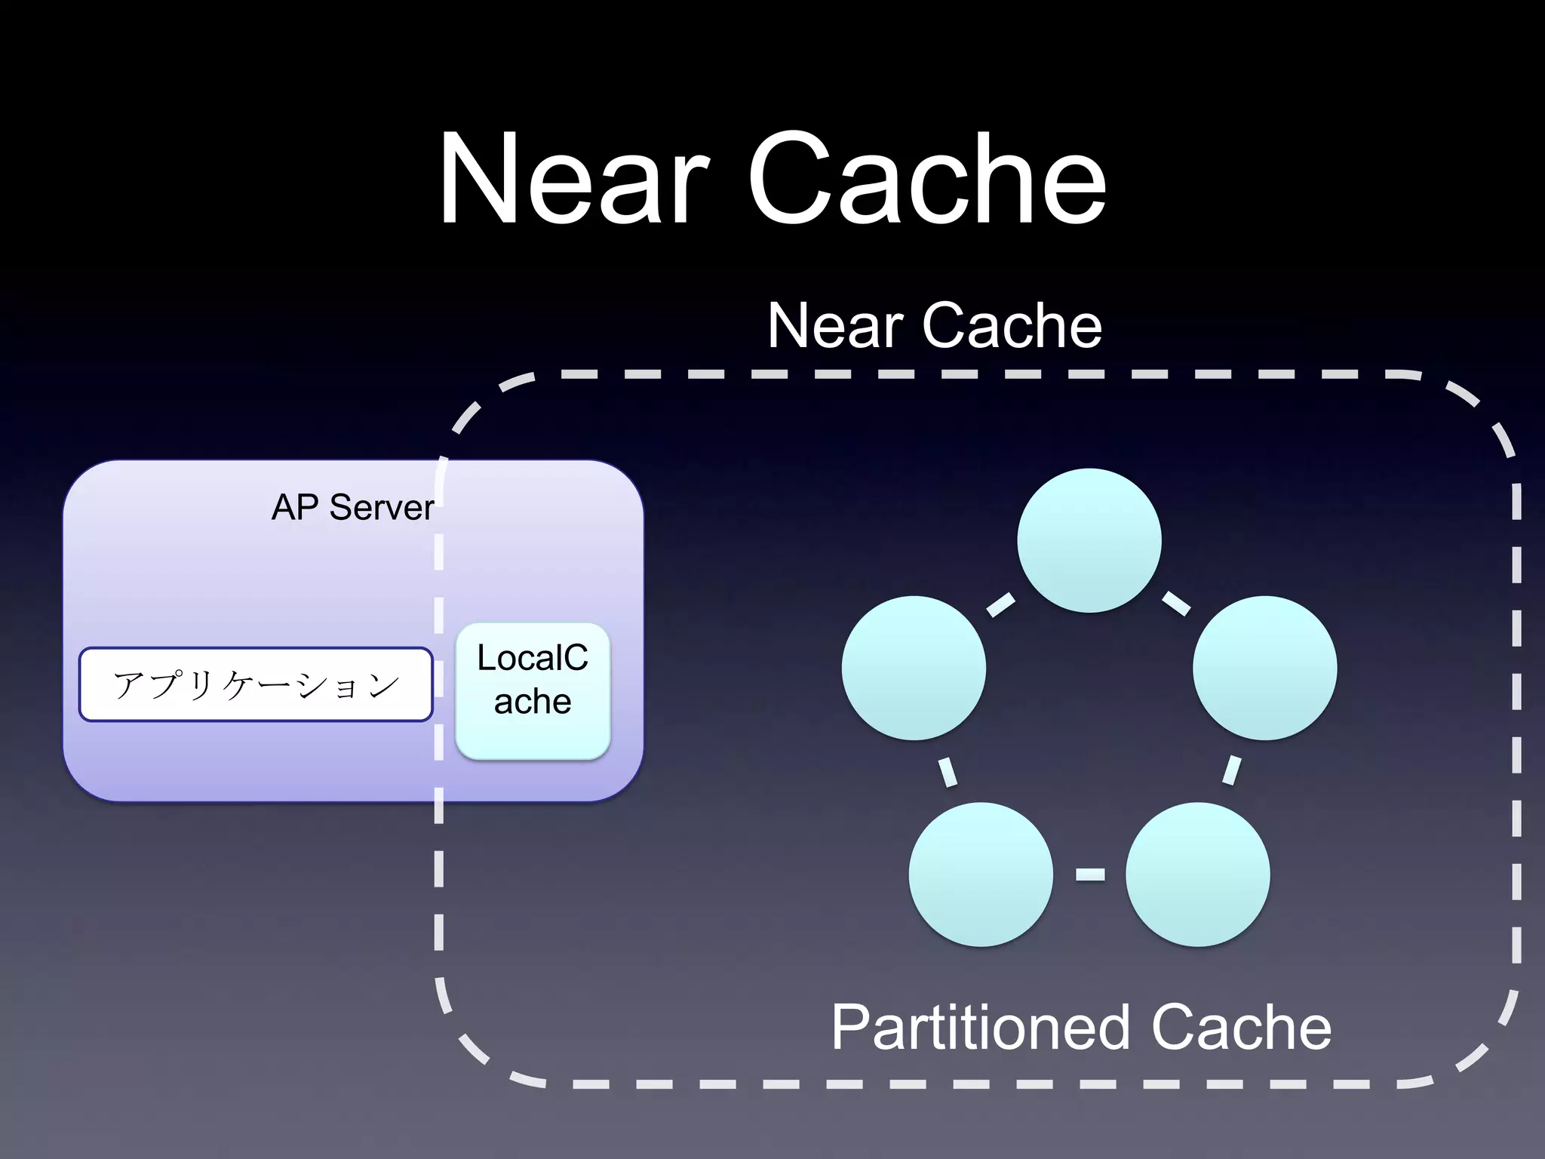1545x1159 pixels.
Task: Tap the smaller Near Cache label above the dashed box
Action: tap(934, 326)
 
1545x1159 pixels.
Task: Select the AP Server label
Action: tap(353, 507)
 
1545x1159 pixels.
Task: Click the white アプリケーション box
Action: tap(256, 684)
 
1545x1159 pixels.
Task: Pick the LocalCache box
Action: tap(533, 690)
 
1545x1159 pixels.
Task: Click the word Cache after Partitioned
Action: tap(1241, 1028)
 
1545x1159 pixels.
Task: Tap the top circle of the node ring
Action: tap(1089, 540)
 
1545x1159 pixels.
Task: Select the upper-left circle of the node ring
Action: tap(914, 668)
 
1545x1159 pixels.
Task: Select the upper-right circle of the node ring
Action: tap(1264, 668)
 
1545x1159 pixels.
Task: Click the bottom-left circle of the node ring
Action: tap(981, 874)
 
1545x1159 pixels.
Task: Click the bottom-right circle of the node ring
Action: tap(1197, 874)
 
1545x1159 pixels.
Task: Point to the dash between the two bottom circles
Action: tap(1089, 875)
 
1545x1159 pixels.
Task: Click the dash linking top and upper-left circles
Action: tap(1001, 604)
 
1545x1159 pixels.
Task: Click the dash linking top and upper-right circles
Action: tap(1176, 604)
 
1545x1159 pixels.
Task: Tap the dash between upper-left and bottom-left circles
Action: tap(948, 772)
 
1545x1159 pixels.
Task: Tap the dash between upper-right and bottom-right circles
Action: tap(1231, 770)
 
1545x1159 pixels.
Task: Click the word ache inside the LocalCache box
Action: tap(533, 702)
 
